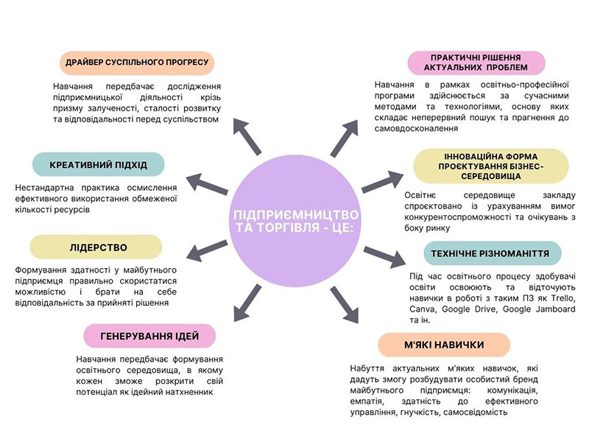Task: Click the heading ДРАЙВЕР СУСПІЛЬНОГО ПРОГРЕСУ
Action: (x=136, y=63)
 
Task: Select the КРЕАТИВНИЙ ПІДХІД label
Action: (x=98, y=164)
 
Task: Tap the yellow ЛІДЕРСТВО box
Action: (x=97, y=247)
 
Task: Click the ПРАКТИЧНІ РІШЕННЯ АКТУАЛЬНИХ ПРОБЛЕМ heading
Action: (x=476, y=63)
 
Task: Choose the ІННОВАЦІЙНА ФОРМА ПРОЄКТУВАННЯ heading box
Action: (x=490, y=166)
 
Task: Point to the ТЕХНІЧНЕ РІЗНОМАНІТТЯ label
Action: (x=492, y=254)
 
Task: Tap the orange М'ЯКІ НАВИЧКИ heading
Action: (x=444, y=344)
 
